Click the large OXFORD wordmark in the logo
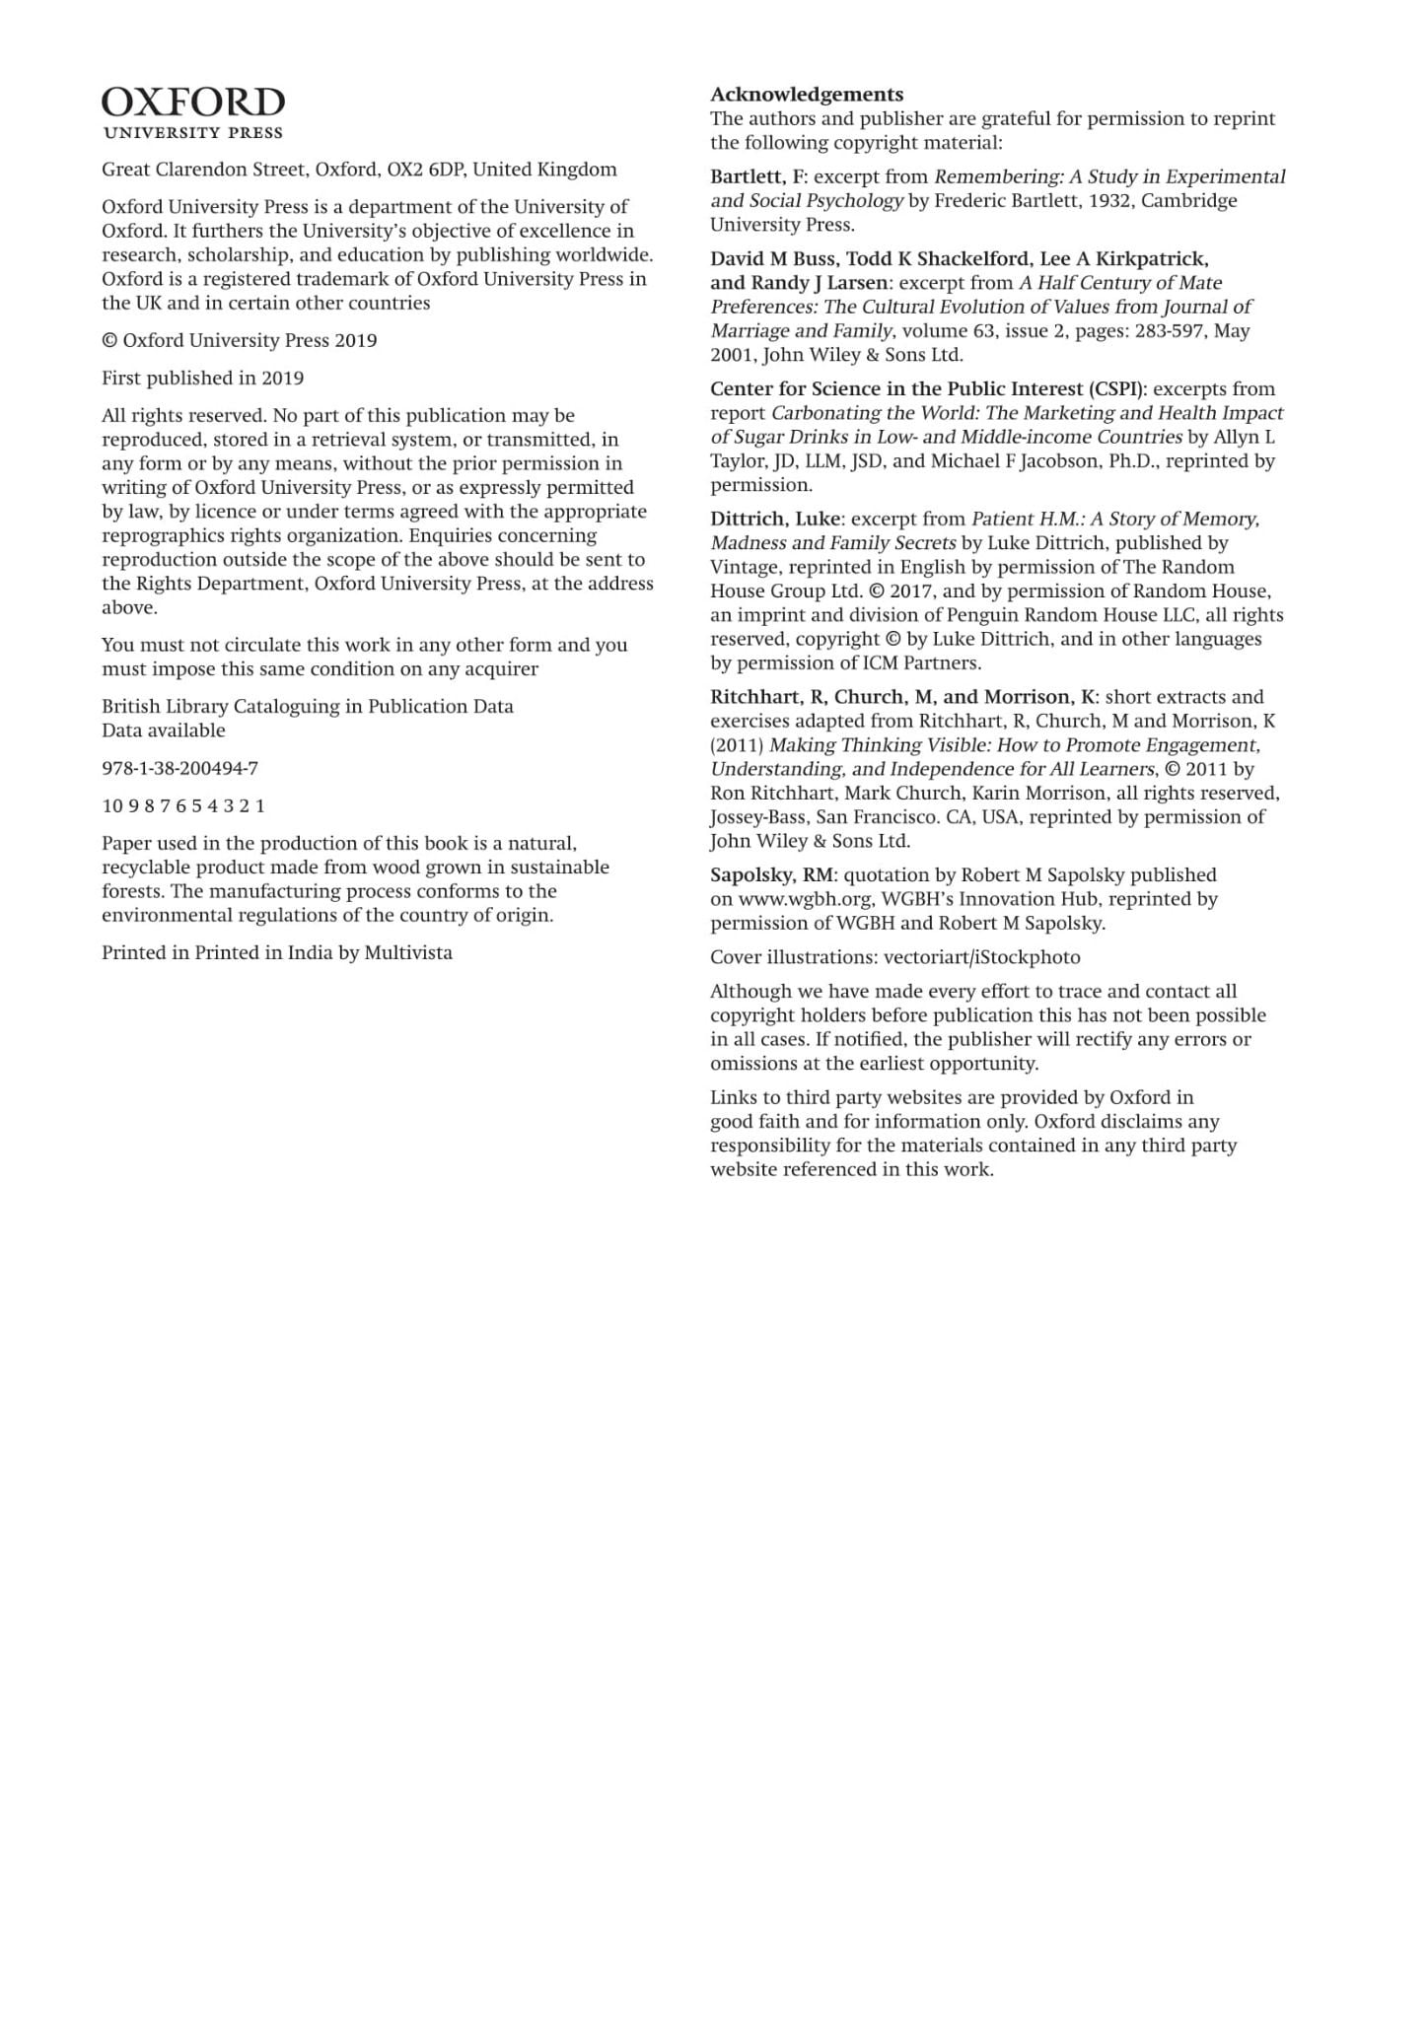193,103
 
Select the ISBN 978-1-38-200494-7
179,768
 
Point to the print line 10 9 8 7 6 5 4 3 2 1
183,805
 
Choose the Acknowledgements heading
807,95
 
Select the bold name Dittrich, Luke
775,519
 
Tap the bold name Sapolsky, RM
772,875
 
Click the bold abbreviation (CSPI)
1118,389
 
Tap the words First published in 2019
202,379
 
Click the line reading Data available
163,731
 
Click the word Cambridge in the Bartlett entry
1188,201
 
